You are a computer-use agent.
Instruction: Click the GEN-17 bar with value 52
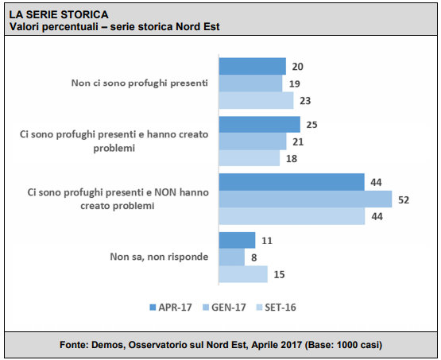(x=305, y=199)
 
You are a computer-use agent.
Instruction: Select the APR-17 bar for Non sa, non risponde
(x=237, y=240)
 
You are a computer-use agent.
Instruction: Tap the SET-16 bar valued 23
(x=256, y=100)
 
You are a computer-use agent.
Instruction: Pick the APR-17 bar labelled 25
(x=260, y=124)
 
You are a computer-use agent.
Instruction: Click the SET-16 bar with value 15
(x=243, y=274)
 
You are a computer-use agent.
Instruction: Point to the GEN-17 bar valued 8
(x=232, y=257)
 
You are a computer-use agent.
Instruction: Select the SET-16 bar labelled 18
(x=250, y=158)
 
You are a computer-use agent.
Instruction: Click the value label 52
(x=404, y=199)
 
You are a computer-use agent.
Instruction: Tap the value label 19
(x=295, y=83)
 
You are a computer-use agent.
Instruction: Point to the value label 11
(x=267, y=241)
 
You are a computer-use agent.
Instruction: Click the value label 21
(x=298, y=141)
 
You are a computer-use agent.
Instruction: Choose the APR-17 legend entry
(x=171, y=308)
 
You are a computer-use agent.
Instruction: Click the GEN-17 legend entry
(x=224, y=308)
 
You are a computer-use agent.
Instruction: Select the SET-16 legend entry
(x=276, y=308)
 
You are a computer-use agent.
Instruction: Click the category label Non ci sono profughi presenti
(x=140, y=83)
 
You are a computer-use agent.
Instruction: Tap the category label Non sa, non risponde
(x=159, y=257)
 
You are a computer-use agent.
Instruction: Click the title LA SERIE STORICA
(x=59, y=14)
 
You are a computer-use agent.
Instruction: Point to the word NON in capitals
(x=165, y=192)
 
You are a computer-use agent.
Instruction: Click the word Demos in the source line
(x=109, y=345)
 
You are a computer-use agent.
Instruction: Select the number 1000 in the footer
(x=347, y=345)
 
